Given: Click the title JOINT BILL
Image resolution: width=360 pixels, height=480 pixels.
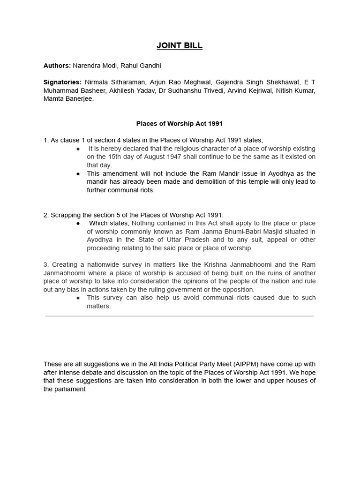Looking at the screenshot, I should [180, 46].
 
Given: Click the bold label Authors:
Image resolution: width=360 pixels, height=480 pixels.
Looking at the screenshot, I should [57, 66].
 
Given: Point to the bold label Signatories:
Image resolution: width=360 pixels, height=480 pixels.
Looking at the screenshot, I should [62, 82].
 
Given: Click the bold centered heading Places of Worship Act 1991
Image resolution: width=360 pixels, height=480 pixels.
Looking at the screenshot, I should [180, 124].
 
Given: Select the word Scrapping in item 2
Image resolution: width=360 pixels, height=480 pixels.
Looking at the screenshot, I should [65, 215].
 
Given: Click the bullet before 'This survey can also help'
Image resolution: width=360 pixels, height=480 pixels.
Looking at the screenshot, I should [78, 298].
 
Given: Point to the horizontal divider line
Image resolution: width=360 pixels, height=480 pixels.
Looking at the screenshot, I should [180, 316].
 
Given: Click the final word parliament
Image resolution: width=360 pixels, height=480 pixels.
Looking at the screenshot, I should [69, 389].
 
